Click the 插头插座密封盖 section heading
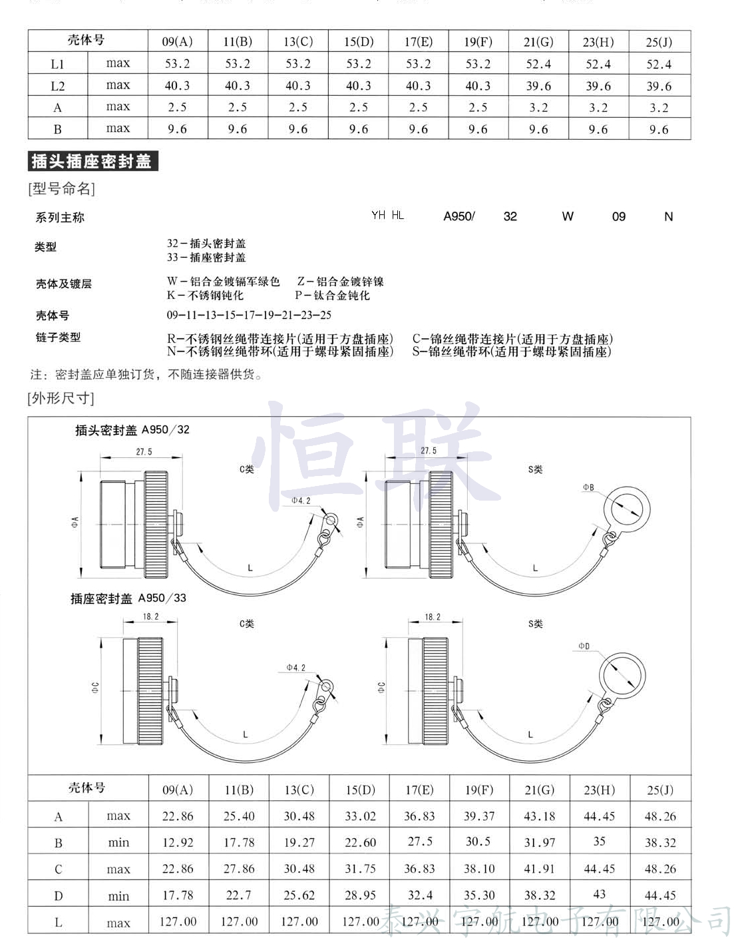tap(93, 161)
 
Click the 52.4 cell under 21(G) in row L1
tap(538, 64)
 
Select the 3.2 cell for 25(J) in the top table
tap(659, 108)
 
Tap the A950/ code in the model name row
tap(459, 216)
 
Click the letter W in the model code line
tap(568, 216)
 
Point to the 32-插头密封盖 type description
tap(206, 244)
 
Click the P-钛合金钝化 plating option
tap(333, 296)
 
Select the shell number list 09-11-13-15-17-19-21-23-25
tap(249, 315)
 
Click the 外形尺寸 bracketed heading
tap(61, 398)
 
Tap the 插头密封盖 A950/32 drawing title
tap(132, 430)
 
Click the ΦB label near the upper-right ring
tap(588, 487)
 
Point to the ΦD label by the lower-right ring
tap(584, 646)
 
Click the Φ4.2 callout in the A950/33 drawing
tap(296, 667)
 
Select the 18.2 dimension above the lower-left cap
tap(151, 616)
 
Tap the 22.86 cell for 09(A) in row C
tap(178, 869)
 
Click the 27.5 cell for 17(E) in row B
tap(420, 841)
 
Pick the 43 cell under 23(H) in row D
tap(599, 894)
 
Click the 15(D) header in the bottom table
tap(360, 790)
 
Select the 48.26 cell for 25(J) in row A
tap(660, 816)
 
